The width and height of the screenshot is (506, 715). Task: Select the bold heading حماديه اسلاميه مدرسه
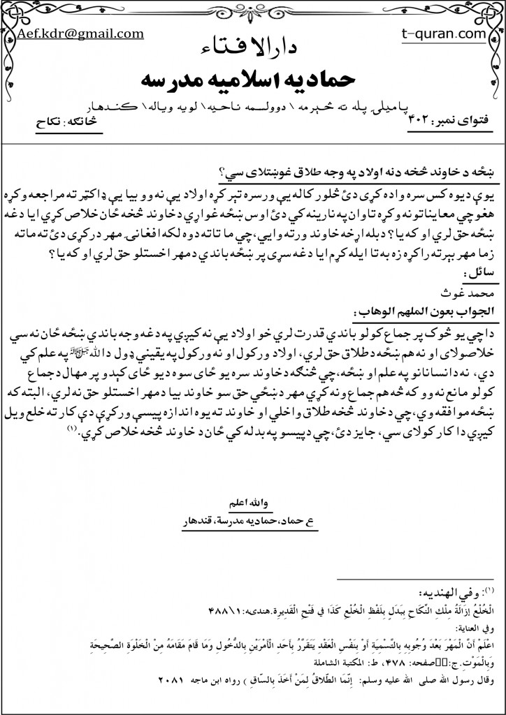click(253, 77)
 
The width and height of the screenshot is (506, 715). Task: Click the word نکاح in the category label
click(50, 122)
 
